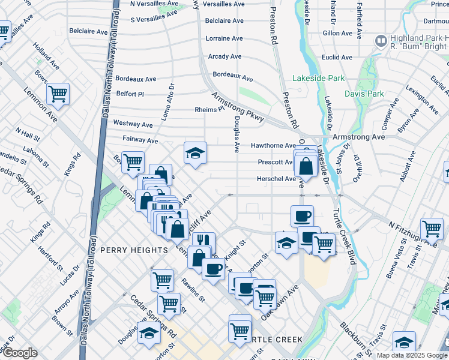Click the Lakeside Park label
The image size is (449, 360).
318,78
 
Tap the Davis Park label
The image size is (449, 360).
364,94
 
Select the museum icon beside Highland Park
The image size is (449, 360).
380,41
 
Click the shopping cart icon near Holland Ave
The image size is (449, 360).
58,93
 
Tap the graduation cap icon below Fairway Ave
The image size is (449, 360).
195,153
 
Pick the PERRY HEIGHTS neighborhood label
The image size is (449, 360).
134,250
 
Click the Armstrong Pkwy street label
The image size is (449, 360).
238,107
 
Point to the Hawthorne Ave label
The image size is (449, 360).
273,145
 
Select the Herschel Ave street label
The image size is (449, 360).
276,179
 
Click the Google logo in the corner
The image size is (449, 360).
19,353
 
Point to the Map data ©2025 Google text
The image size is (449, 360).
411,355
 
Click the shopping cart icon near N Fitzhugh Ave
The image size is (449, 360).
432,229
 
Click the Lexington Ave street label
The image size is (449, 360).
421,98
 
